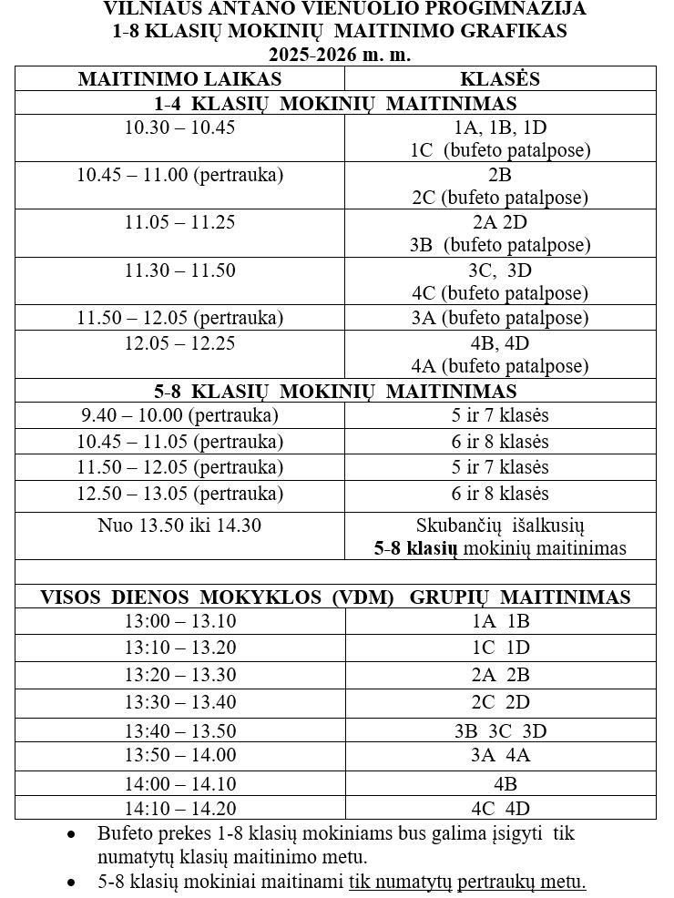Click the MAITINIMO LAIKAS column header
click(x=179, y=79)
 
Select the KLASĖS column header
click(x=500, y=79)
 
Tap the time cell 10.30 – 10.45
click(x=179, y=128)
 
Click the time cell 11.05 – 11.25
click(x=179, y=222)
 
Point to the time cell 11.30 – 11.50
click(x=179, y=270)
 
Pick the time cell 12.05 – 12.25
click(x=179, y=343)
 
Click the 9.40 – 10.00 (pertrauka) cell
click(x=179, y=415)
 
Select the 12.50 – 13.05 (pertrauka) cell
click(x=179, y=494)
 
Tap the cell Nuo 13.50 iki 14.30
click(x=179, y=526)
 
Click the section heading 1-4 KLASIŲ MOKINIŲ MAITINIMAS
click(x=334, y=104)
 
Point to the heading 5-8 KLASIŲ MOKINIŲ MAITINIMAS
click(x=334, y=392)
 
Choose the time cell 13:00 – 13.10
click(x=179, y=622)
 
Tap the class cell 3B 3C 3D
click(x=500, y=730)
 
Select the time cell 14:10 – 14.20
click(x=179, y=808)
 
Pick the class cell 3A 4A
click(x=500, y=755)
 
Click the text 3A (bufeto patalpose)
click(x=500, y=318)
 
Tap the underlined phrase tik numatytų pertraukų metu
click(x=467, y=883)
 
